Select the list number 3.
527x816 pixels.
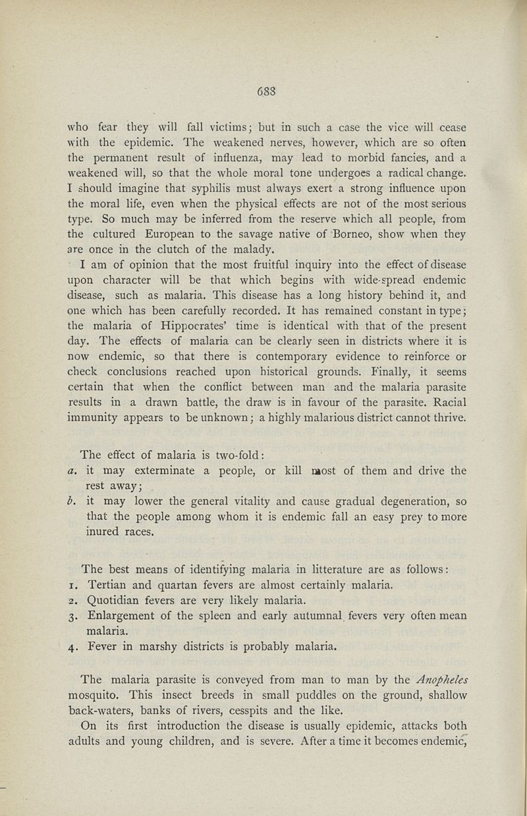tap(70, 616)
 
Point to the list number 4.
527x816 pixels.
tap(70, 646)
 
